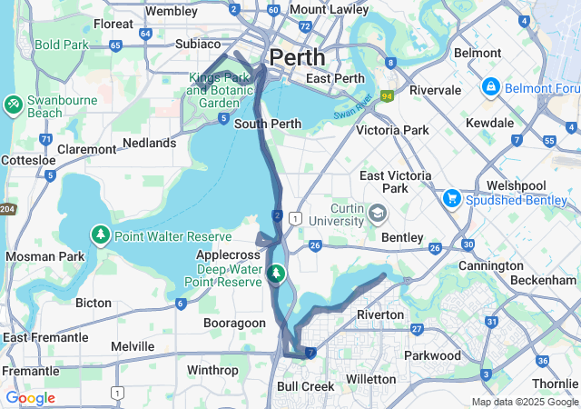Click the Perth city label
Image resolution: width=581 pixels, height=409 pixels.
click(296, 56)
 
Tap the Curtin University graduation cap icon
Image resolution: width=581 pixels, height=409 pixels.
click(377, 214)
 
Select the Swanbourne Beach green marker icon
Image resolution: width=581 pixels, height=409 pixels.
click(14, 105)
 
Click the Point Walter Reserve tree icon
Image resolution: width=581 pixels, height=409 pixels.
click(99, 235)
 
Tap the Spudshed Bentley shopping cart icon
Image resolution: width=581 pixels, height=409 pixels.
click(451, 197)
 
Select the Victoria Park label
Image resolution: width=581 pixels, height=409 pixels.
click(392, 130)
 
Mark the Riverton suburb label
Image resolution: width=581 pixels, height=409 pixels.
click(380, 314)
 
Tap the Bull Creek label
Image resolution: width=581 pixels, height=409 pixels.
click(304, 386)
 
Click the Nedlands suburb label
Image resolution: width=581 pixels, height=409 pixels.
click(150, 143)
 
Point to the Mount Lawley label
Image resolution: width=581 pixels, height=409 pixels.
click(330, 10)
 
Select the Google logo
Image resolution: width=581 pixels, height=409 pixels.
click(30, 397)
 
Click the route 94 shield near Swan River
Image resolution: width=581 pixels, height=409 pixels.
click(387, 95)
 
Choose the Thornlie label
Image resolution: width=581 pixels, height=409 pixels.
click(556, 384)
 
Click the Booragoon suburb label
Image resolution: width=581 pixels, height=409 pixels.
click(234, 323)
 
